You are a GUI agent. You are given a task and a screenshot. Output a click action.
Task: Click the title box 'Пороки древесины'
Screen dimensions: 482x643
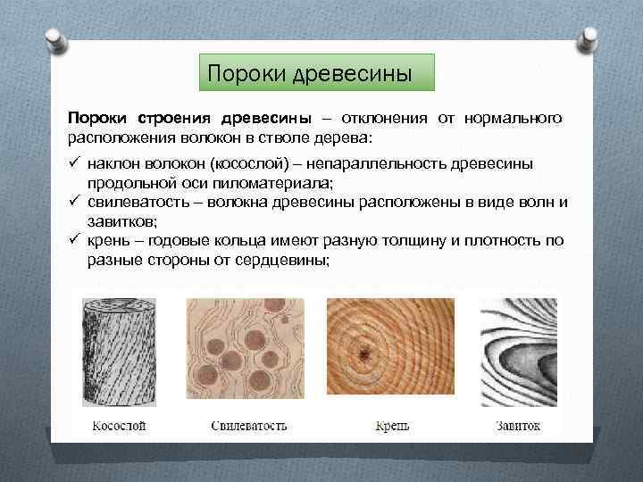(315, 72)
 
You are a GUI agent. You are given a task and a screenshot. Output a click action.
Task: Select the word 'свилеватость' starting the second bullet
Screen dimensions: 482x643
(133, 202)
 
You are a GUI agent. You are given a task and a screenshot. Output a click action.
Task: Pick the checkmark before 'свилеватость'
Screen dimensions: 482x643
(75, 202)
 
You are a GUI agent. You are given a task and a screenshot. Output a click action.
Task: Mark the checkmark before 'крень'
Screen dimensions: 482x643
(75, 240)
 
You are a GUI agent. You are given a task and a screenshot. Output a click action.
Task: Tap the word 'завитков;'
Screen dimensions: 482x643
(121, 220)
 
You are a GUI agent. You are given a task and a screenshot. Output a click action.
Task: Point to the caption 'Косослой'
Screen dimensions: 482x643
(119, 425)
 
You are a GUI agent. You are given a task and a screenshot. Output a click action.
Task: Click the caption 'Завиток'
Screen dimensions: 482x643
(518, 425)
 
